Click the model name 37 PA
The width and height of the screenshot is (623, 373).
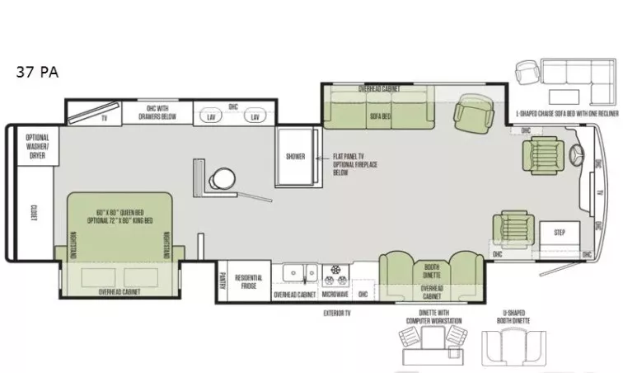36,72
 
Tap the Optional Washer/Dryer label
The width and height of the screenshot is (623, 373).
37,145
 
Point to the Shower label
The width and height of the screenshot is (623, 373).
295,156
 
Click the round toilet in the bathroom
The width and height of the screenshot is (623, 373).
222,177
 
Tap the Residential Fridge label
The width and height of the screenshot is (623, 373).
249,283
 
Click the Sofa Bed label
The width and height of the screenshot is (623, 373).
380,116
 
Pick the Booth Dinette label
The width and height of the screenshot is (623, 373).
432,270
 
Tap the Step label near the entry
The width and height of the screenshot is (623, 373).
560,232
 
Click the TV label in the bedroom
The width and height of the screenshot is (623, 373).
104,118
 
